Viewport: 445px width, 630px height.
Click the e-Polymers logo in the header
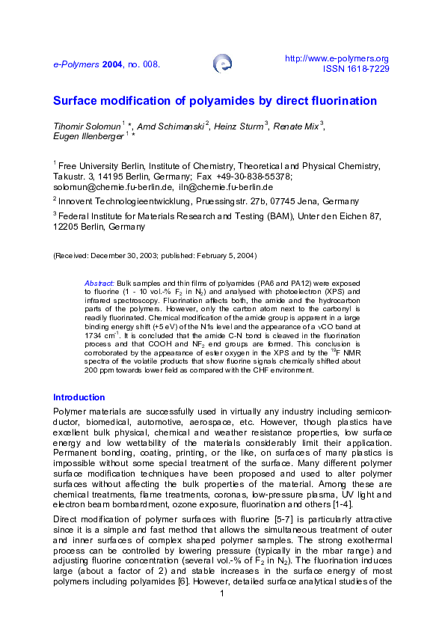[x=222, y=64]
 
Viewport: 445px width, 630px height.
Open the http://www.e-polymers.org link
[x=337, y=58]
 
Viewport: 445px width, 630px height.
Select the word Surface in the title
[x=74, y=100]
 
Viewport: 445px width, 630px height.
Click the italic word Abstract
[x=99, y=284]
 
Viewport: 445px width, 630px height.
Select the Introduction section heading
[x=79, y=397]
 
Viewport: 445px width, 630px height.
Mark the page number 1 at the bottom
[x=222, y=593]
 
